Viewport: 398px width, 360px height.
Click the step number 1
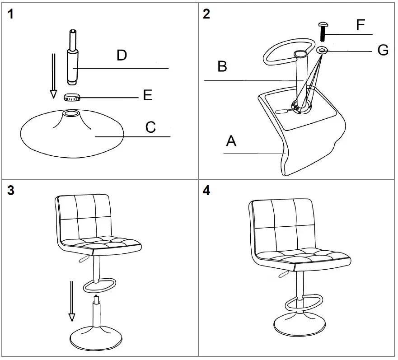coord(11,14)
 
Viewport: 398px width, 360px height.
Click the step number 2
coord(206,14)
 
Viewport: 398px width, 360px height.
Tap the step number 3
coord(11,190)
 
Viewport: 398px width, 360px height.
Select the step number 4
coord(206,190)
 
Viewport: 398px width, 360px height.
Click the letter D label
coord(122,56)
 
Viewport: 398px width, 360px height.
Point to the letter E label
coord(147,95)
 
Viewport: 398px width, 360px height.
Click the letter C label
coord(150,127)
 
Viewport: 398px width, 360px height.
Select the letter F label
coord(360,25)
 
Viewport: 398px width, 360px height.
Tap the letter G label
coord(383,51)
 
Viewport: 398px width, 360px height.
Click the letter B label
coord(222,67)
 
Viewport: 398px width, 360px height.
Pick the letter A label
coord(231,141)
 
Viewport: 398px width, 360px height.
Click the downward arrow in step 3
coord(71,300)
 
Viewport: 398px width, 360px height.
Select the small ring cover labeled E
coord(72,97)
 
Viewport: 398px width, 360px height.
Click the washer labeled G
coord(322,49)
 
